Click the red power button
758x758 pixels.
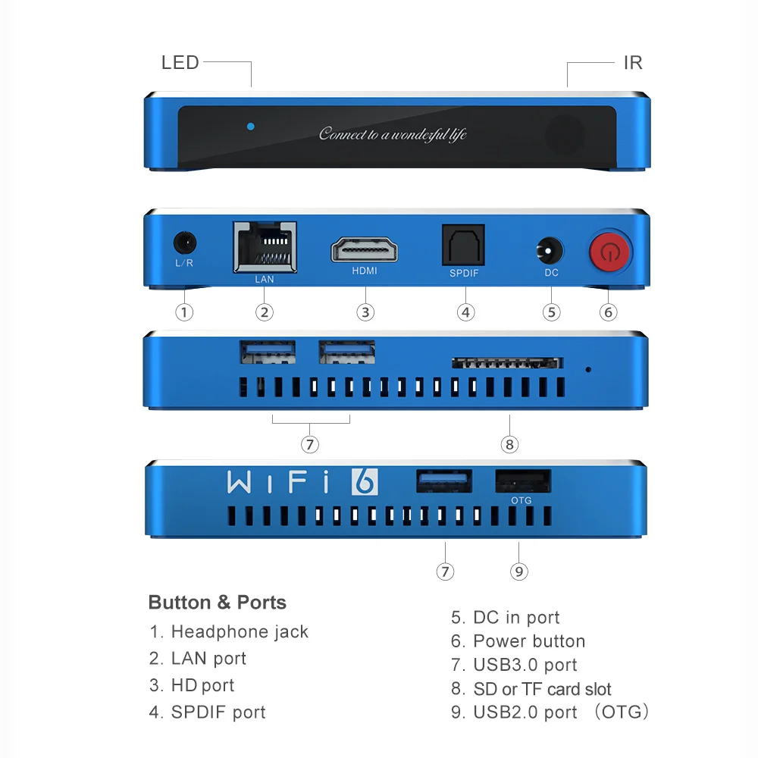[609, 251]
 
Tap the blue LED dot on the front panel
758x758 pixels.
[251, 126]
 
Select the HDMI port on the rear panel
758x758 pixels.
[365, 249]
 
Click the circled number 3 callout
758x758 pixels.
[365, 312]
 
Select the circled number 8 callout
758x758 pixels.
[509, 444]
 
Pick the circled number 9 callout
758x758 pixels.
[518, 572]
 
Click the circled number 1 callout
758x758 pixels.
[184, 312]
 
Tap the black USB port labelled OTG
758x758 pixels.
[523, 481]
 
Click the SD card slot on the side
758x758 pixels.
[508, 363]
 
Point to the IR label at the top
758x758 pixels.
[632, 63]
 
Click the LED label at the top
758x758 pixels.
[180, 63]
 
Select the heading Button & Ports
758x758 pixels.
[218, 603]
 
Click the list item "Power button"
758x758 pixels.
[528, 641]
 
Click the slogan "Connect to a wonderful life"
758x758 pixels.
[393, 134]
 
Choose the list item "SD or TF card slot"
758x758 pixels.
[541, 689]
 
